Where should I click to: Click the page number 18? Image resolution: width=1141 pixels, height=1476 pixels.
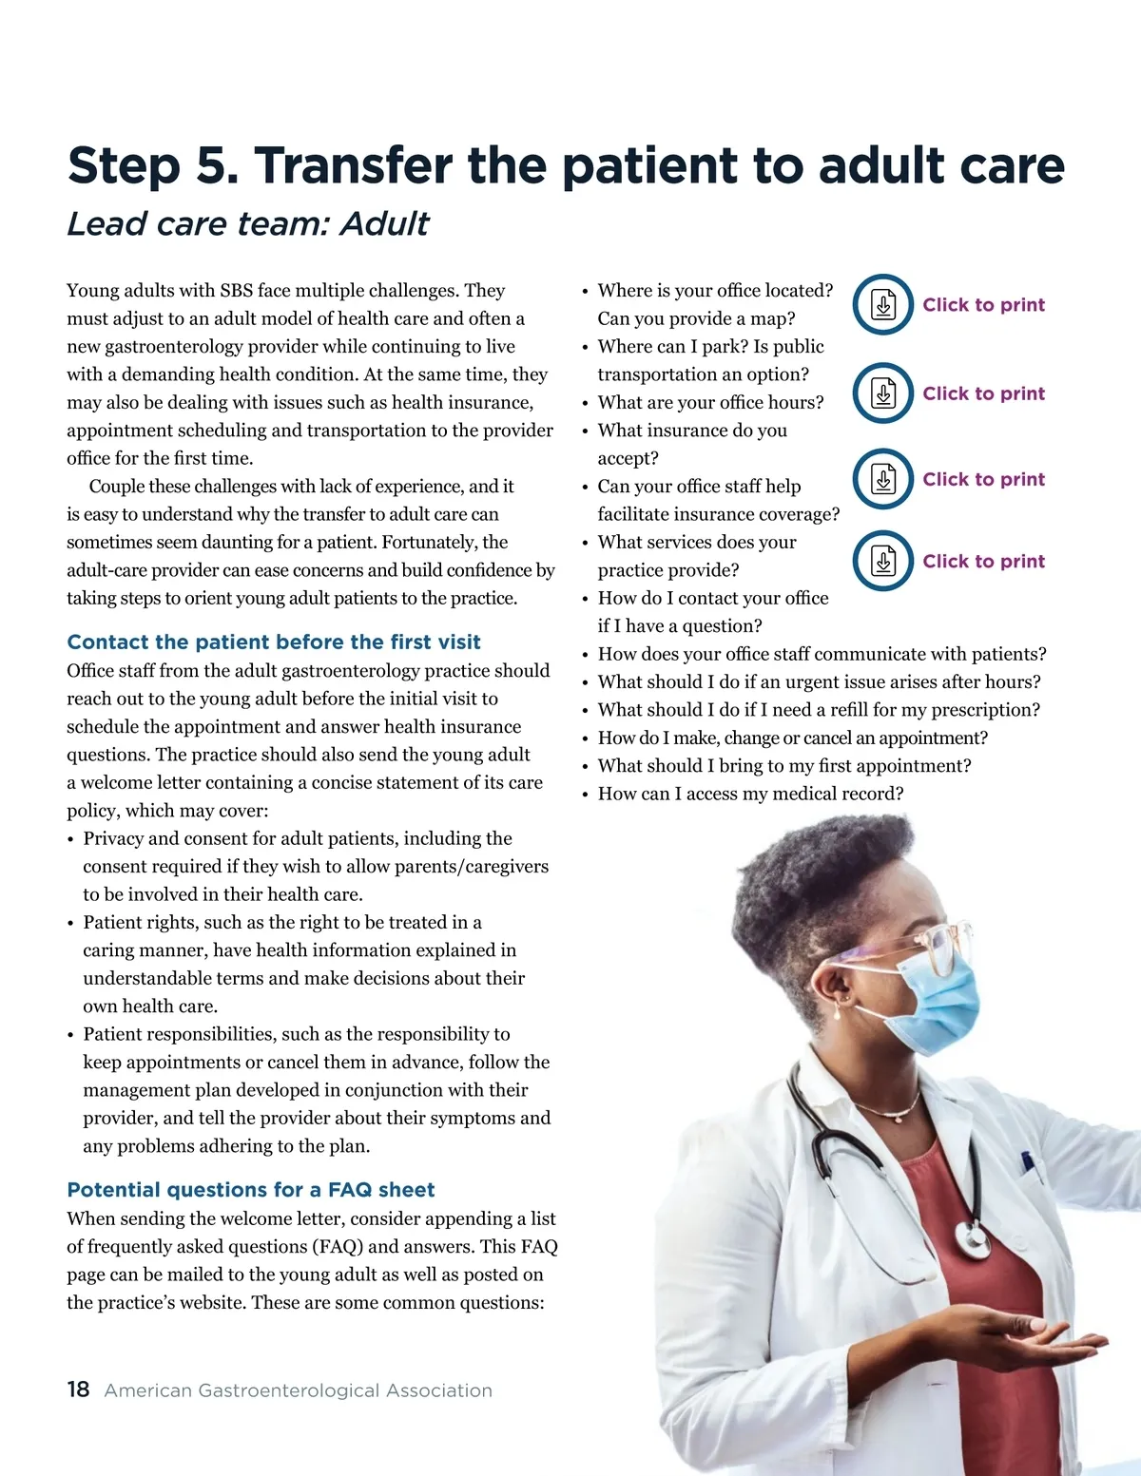(x=78, y=1390)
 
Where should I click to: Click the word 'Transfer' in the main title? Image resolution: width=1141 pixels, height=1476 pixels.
(x=353, y=165)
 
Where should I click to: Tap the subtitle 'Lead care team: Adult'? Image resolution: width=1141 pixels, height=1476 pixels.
(x=247, y=224)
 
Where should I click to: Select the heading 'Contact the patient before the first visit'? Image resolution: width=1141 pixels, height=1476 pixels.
(x=274, y=642)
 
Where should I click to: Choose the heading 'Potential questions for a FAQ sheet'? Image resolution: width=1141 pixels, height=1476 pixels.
(x=251, y=1190)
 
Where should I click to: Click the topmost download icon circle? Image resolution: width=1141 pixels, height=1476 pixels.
(x=883, y=305)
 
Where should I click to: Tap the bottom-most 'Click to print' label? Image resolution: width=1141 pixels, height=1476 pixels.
(x=983, y=561)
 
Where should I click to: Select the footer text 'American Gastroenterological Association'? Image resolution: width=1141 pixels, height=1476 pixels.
(x=299, y=1390)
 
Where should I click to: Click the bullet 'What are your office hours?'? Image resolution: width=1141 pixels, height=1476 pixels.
(x=710, y=402)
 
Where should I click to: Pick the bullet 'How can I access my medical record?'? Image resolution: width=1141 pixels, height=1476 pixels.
(x=750, y=794)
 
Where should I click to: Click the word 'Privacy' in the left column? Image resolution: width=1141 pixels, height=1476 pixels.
(x=113, y=838)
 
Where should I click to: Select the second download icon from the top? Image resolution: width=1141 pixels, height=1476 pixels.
(x=883, y=393)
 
